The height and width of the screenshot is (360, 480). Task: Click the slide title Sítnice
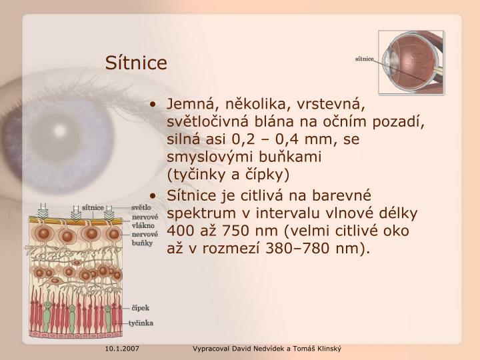[x=136, y=63]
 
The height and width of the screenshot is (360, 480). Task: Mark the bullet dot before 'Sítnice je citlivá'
[x=153, y=196]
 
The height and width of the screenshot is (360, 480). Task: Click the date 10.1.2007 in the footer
[x=121, y=349]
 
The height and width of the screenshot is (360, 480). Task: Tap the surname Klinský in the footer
[x=326, y=349]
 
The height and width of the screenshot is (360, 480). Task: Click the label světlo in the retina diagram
[x=141, y=207]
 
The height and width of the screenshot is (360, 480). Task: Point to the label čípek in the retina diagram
[x=139, y=307]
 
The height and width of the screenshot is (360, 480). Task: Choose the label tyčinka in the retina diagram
[x=141, y=323]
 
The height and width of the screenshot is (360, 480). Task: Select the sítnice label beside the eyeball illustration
[x=364, y=59]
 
